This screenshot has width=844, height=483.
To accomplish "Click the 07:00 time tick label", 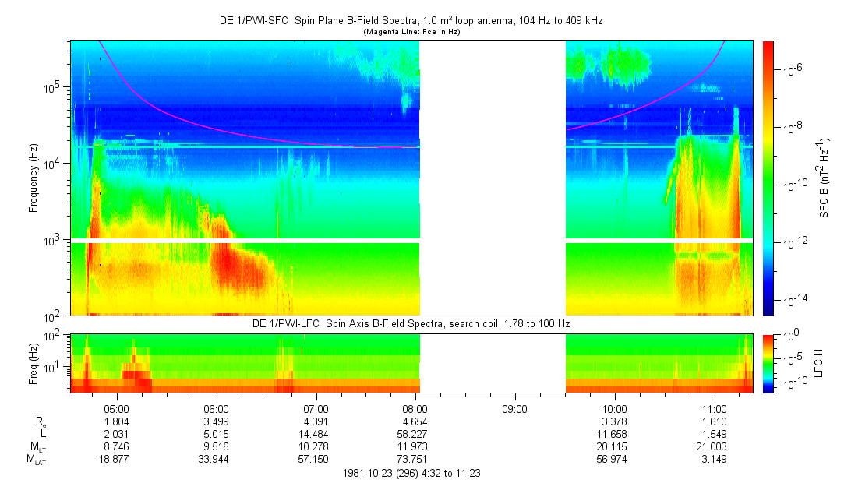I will tap(316, 407).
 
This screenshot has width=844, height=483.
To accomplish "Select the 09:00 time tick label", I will tap(515, 407).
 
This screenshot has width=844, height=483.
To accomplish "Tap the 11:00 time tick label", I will tap(715, 407).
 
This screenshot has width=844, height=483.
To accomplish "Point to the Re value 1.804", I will tap(116, 420).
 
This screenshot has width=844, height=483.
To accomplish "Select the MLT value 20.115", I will tap(615, 445).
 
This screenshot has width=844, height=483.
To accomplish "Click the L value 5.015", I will tap(216, 432).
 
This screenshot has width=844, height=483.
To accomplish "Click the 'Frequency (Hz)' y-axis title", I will tap(34, 178).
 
